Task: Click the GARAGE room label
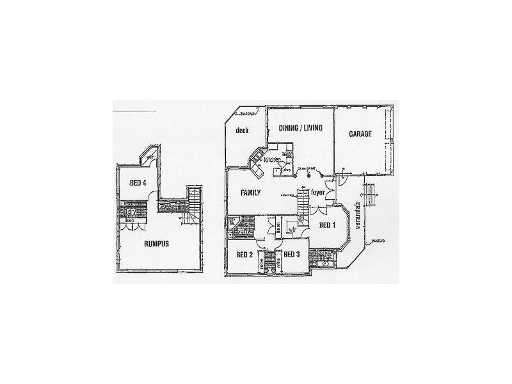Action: [x=360, y=134]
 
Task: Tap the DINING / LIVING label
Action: [x=300, y=128]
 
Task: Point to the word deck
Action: [x=241, y=131]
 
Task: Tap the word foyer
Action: [x=318, y=192]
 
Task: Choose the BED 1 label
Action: [x=328, y=225]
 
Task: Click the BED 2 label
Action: [x=244, y=255]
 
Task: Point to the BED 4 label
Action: [x=138, y=182]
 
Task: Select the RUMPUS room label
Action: [x=156, y=243]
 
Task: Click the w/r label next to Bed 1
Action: [x=291, y=228]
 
